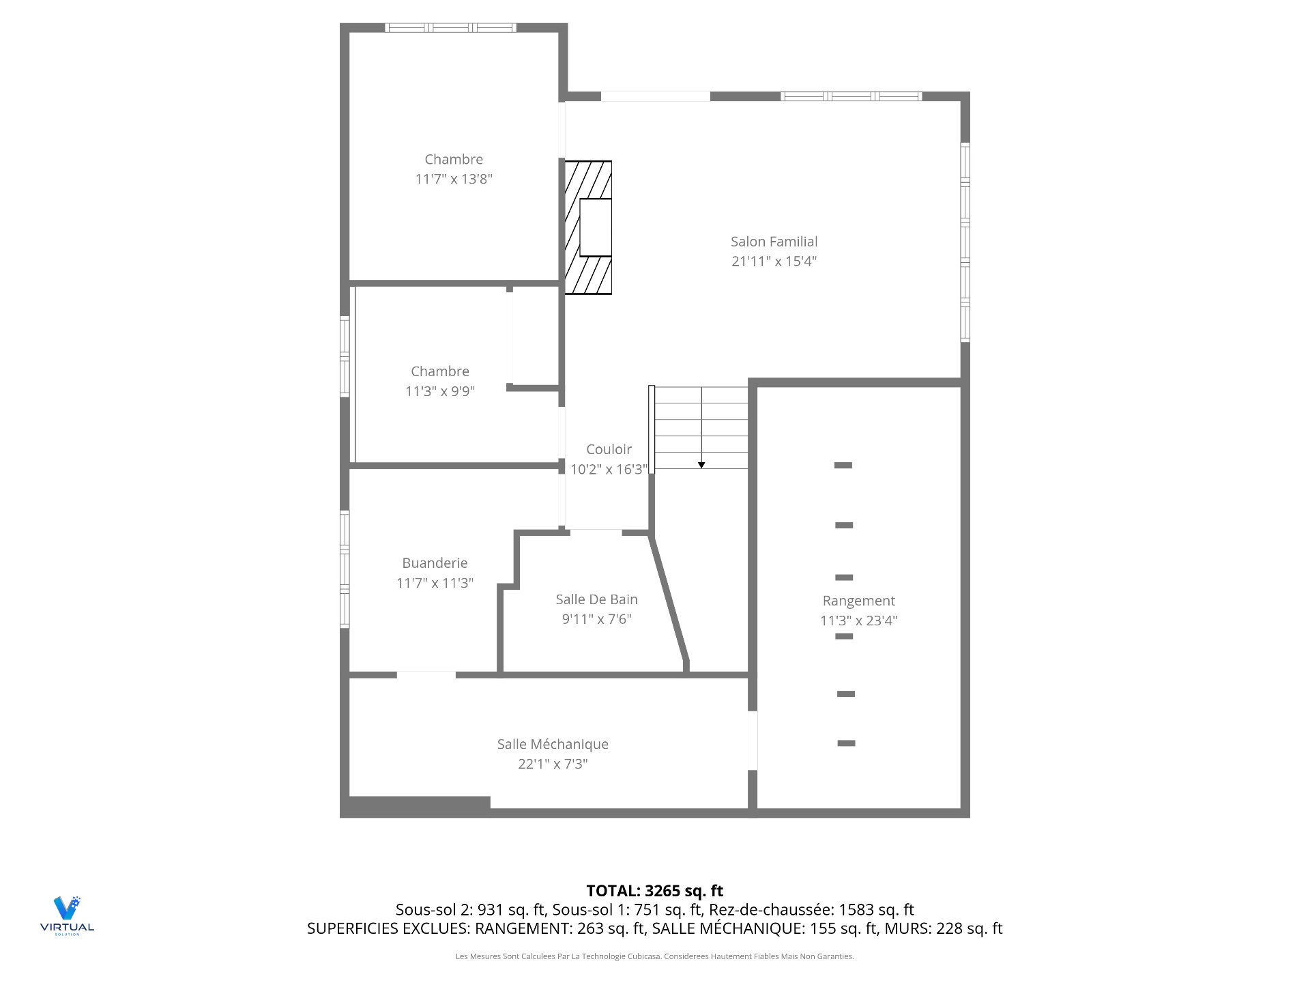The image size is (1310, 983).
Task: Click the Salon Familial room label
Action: [x=774, y=242]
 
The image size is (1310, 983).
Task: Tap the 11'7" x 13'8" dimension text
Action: [x=454, y=179]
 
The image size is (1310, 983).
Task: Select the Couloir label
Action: [x=609, y=449]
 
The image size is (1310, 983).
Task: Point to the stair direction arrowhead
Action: [x=701, y=465]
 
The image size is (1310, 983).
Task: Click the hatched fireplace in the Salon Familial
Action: [x=588, y=227]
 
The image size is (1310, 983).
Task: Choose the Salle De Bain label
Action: [x=596, y=599]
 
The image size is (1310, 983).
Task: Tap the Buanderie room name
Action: [x=435, y=563]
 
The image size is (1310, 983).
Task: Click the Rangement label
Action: [x=858, y=601]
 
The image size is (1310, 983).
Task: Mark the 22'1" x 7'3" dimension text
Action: [x=553, y=764]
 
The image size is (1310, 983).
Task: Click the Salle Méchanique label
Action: [x=553, y=744]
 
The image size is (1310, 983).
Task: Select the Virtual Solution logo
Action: [x=67, y=915]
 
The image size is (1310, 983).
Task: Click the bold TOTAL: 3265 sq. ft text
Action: [x=655, y=891]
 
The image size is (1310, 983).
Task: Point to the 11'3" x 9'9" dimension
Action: [x=440, y=391]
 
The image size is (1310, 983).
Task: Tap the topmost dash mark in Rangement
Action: [x=843, y=466]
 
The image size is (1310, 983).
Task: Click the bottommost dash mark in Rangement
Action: [x=846, y=743]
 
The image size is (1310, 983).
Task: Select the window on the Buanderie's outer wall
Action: [x=345, y=569]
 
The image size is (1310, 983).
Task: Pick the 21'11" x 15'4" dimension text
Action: [x=774, y=261]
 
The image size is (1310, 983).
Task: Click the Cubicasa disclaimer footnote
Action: [x=655, y=956]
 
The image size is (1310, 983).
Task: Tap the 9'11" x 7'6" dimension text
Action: [x=596, y=619]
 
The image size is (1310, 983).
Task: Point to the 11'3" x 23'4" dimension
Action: [x=858, y=621]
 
